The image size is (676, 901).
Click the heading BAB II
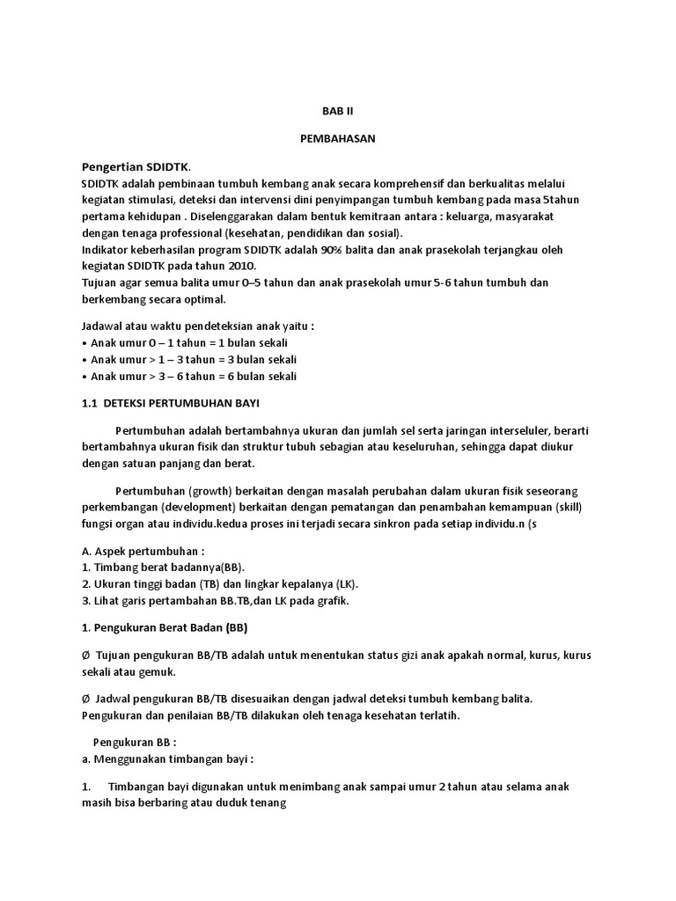pyautogui.click(x=337, y=112)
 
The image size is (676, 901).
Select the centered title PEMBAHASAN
pyautogui.click(x=337, y=140)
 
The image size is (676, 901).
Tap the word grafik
pyautogui.click(x=329, y=601)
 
